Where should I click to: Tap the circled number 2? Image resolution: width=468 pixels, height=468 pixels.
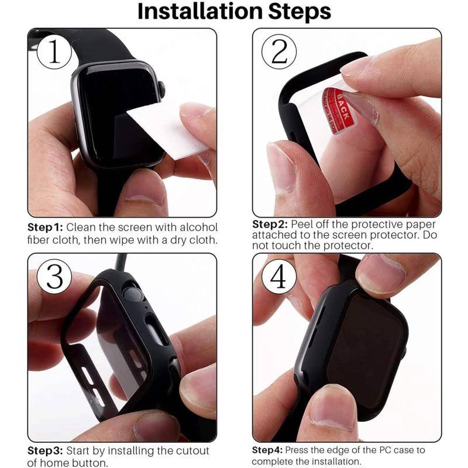[280, 52]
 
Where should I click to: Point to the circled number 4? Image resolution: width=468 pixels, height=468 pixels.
[280, 277]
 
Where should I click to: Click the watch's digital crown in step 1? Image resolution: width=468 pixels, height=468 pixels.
[161, 88]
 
